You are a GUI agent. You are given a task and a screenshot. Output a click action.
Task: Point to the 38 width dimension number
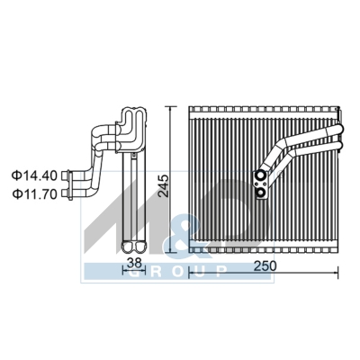coord(133,264)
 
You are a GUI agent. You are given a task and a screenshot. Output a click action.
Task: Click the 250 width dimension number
coord(264,266)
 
